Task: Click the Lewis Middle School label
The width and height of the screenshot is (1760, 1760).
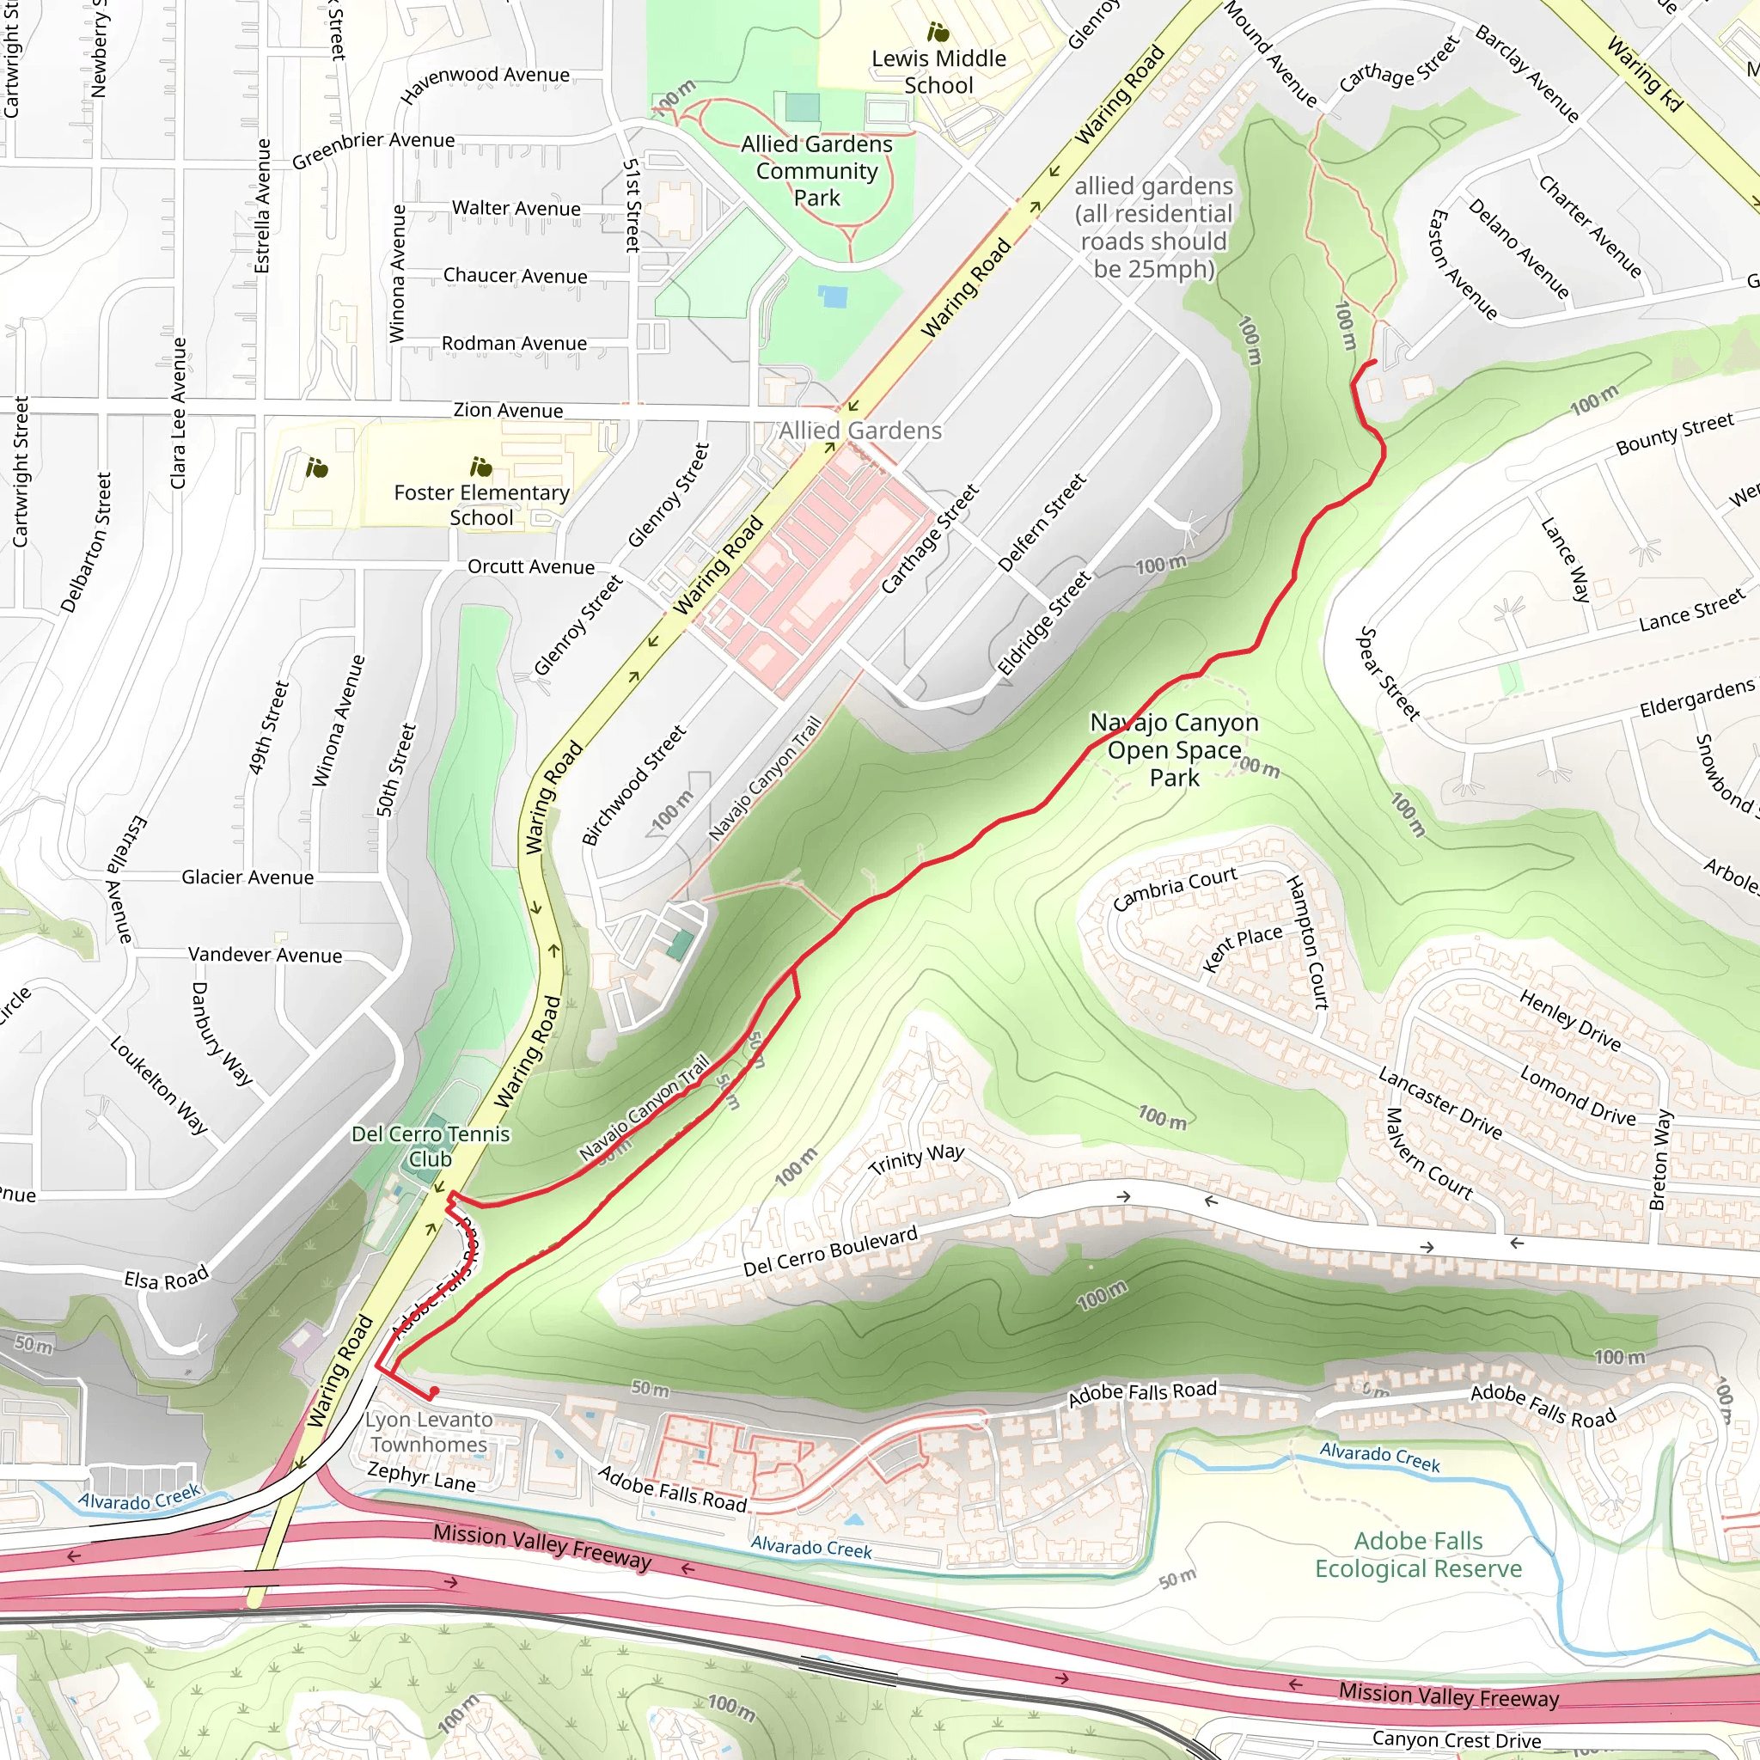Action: (938, 72)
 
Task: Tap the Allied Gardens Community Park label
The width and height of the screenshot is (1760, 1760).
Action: (816, 171)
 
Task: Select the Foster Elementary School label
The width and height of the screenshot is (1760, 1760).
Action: (481, 504)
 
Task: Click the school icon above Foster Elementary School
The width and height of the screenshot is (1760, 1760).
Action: (480, 467)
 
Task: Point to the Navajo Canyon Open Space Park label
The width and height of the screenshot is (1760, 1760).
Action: (1173, 749)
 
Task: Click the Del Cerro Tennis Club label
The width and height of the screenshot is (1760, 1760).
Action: (430, 1146)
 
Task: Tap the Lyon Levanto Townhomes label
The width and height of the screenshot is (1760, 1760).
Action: (428, 1431)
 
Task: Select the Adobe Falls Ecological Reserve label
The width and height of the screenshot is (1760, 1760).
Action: (1417, 1554)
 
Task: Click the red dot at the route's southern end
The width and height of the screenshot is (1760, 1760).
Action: (435, 1391)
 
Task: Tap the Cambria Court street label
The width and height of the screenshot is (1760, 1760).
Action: (1174, 889)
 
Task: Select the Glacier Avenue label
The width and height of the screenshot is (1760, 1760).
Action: (247, 877)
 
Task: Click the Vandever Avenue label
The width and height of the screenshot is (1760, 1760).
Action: (265, 955)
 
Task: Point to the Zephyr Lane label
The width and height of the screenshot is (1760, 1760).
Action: (421, 1476)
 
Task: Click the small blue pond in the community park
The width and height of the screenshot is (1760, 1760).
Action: (832, 296)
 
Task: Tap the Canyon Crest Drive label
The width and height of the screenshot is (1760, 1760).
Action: (1456, 1739)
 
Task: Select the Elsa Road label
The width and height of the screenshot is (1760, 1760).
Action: (166, 1278)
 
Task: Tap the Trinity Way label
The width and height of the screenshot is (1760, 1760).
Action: (915, 1159)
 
